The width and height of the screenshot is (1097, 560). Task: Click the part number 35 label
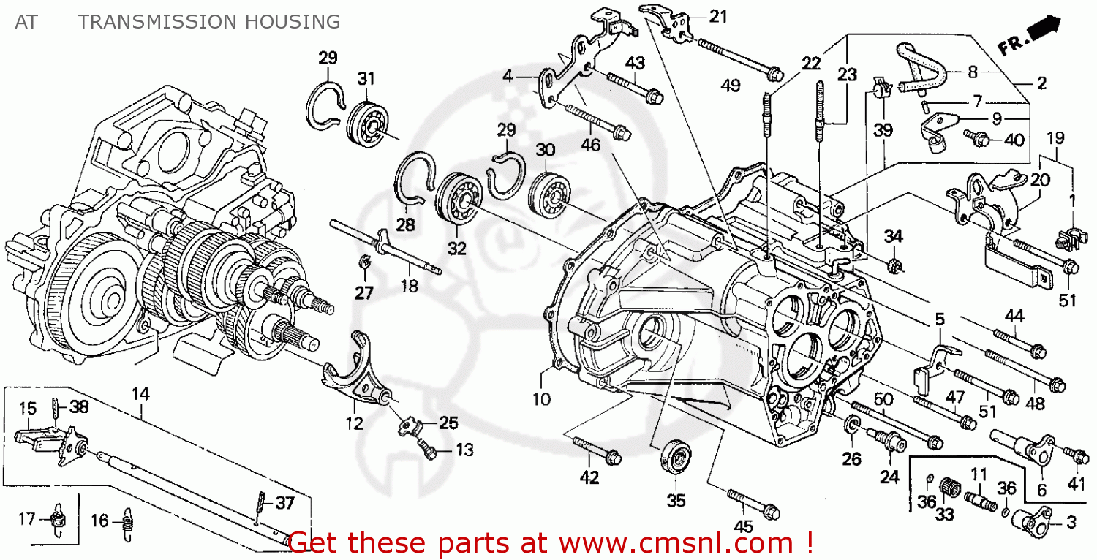point(677,501)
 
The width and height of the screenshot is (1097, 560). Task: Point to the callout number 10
point(542,399)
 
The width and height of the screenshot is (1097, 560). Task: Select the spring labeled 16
point(129,521)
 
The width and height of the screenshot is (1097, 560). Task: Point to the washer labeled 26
point(852,427)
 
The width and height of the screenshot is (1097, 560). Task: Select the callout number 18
point(410,287)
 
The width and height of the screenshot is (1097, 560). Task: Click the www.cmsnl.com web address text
point(672,543)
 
